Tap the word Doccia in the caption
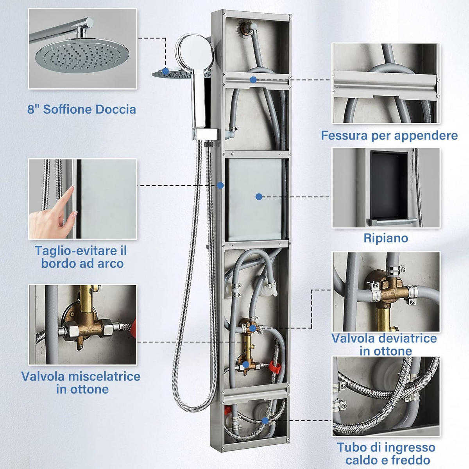click(116, 109)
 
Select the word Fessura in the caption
click(345, 135)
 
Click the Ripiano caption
click(386, 238)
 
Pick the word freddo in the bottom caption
click(411, 460)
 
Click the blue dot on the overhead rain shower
click(165, 71)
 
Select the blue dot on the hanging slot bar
click(253, 80)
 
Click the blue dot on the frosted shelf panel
click(259, 197)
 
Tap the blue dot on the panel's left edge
click(220, 186)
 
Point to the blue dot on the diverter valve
click(253, 328)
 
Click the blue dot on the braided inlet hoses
click(265, 421)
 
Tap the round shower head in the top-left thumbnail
click(82, 57)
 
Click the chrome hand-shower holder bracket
click(206, 134)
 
